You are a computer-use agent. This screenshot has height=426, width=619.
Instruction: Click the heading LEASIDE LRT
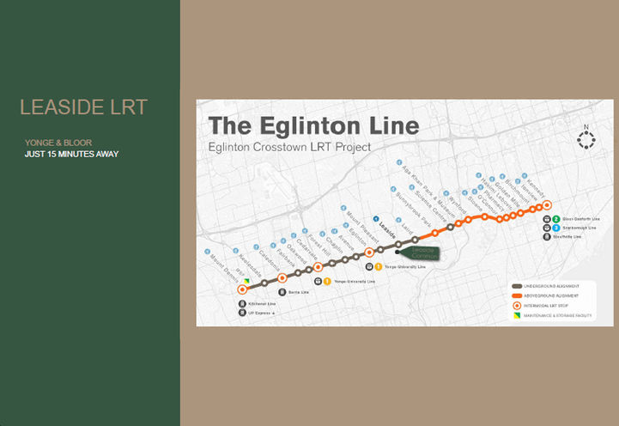(83, 107)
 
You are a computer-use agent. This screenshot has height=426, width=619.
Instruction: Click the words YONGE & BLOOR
(58, 143)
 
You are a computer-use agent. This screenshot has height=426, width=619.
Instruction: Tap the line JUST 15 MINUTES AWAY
(72, 155)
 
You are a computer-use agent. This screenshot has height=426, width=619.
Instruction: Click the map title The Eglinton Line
(313, 125)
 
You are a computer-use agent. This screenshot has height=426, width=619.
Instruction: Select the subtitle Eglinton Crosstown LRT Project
(289, 147)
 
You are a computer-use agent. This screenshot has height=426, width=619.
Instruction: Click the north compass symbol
(586, 138)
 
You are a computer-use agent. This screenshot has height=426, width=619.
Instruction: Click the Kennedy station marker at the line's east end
(547, 204)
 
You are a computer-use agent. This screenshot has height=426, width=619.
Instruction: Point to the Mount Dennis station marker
(242, 290)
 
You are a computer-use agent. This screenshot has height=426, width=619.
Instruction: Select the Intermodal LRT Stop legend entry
(545, 306)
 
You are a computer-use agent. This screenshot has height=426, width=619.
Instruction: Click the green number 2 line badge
(556, 219)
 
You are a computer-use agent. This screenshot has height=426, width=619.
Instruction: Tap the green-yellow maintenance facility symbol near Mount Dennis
(246, 281)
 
